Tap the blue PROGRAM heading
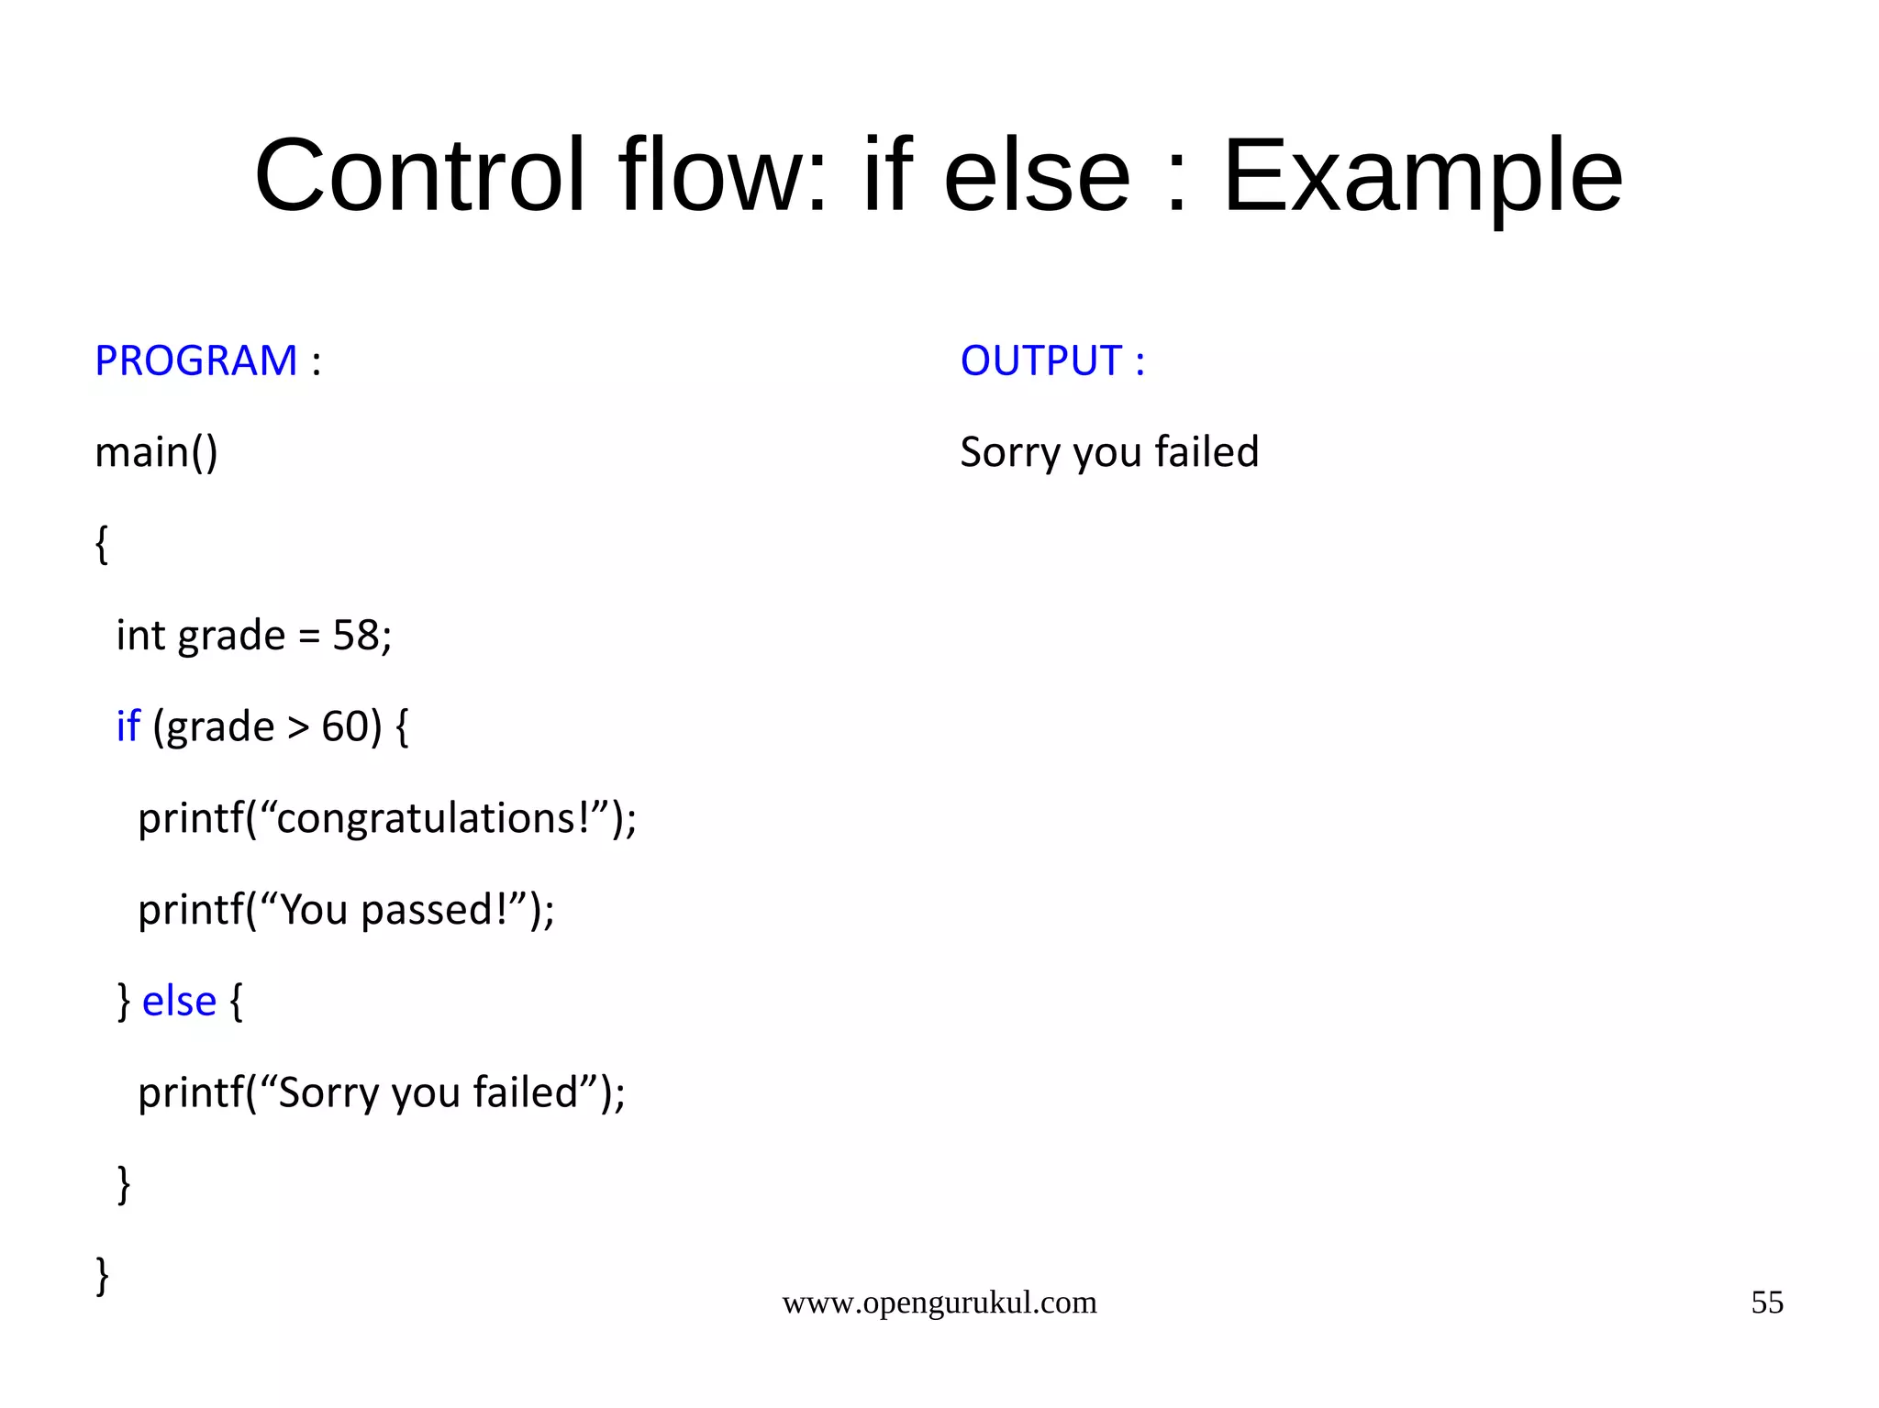click(x=196, y=360)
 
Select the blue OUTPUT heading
click(x=1041, y=360)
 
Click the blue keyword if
click(x=128, y=726)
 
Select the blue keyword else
click(x=179, y=1001)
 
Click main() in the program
click(x=156, y=452)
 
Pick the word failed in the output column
click(x=1206, y=452)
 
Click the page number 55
click(x=1766, y=1303)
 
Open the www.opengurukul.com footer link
click(x=939, y=1303)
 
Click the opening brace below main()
click(x=102, y=544)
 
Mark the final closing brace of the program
click(x=102, y=1275)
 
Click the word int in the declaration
click(x=139, y=635)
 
